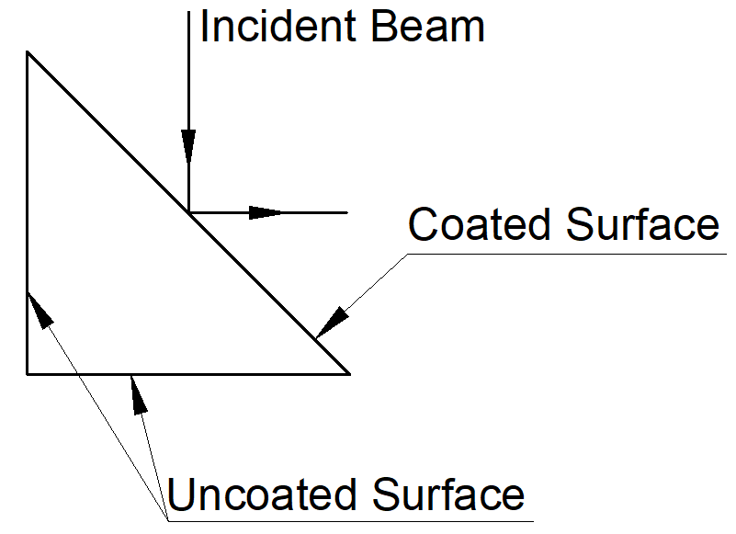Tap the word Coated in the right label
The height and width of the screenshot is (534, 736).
pos(481,224)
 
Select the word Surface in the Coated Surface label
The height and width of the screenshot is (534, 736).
pos(642,224)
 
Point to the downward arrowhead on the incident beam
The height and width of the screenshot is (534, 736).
pos(188,147)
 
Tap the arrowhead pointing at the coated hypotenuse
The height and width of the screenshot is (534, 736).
pos(332,321)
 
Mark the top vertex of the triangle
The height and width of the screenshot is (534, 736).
pos(28,52)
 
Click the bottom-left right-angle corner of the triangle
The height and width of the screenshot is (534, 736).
pos(28,374)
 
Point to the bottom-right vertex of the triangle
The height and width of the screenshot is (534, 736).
pos(349,374)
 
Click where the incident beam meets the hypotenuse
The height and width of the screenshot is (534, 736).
pos(188,212)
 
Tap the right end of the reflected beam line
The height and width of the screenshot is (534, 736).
pos(347,212)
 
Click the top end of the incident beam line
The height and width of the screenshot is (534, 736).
pos(188,11)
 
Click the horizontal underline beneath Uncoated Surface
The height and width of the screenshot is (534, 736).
pos(349,517)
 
